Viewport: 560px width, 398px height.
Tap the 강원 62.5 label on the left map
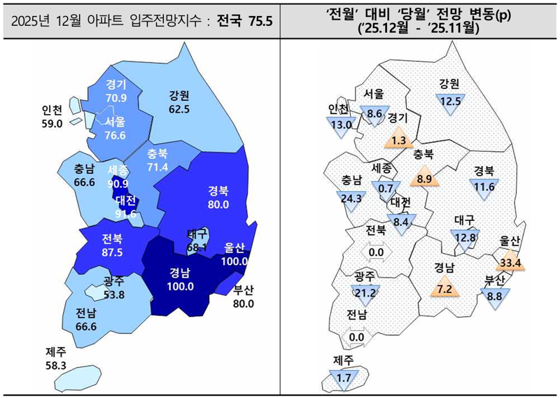point(179,102)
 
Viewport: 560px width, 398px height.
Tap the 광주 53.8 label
point(114,288)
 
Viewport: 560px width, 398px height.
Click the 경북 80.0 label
point(218,198)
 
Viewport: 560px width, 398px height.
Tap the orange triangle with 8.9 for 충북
point(423,178)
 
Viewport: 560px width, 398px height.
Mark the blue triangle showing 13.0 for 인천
point(342,125)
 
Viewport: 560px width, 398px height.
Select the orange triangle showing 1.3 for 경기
point(399,139)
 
